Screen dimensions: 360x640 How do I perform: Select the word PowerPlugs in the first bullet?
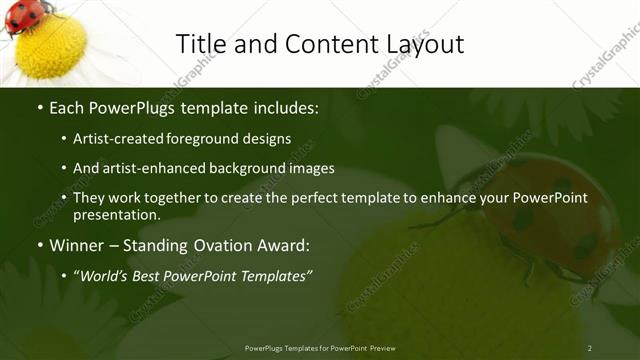point(132,106)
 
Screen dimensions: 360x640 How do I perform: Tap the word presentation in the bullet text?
point(116,214)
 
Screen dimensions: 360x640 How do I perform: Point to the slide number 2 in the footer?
point(590,348)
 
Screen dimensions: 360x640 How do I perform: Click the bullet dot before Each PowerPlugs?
point(38,107)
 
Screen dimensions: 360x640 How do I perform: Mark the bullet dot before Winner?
point(38,246)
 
